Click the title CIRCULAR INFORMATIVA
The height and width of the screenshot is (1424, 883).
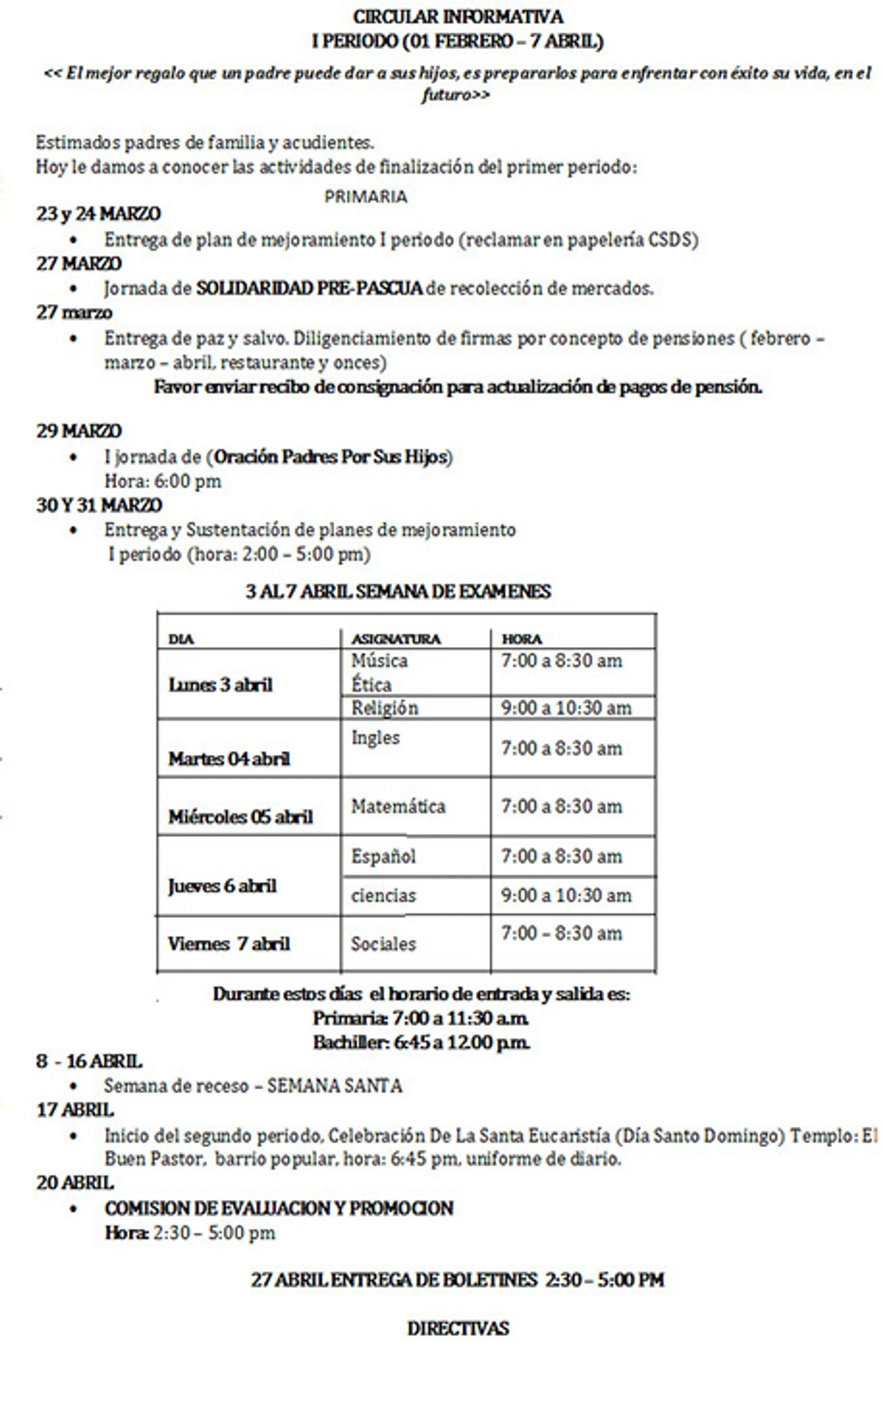click(x=457, y=17)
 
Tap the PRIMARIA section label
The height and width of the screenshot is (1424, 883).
click(x=366, y=196)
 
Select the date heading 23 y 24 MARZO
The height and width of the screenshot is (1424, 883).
click(x=98, y=214)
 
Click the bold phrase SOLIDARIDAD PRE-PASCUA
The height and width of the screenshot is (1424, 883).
click(x=309, y=288)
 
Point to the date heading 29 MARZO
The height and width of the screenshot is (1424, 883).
click(x=79, y=431)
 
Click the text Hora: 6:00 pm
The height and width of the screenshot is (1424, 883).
click(x=163, y=481)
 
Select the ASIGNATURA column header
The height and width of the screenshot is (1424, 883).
click(x=395, y=639)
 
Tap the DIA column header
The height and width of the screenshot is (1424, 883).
click(x=181, y=639)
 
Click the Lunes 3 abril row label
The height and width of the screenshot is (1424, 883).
click(x=220, y=685)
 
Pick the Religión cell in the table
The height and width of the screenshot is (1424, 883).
click(x=384, y=708)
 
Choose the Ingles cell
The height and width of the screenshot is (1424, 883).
click(x=375, y=738)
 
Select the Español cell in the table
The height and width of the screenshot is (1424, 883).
click(x=383, y=856)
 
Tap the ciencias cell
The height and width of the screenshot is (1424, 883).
click(x=383, y=895)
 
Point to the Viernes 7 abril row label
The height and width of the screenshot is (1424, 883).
click(x=229, y=944)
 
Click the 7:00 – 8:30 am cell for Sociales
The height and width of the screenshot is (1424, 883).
click(x=561, y=933)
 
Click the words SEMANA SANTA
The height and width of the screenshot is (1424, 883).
click(x=335, y=1086)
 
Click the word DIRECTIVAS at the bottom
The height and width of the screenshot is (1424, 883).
click(x=458, y=1329)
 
